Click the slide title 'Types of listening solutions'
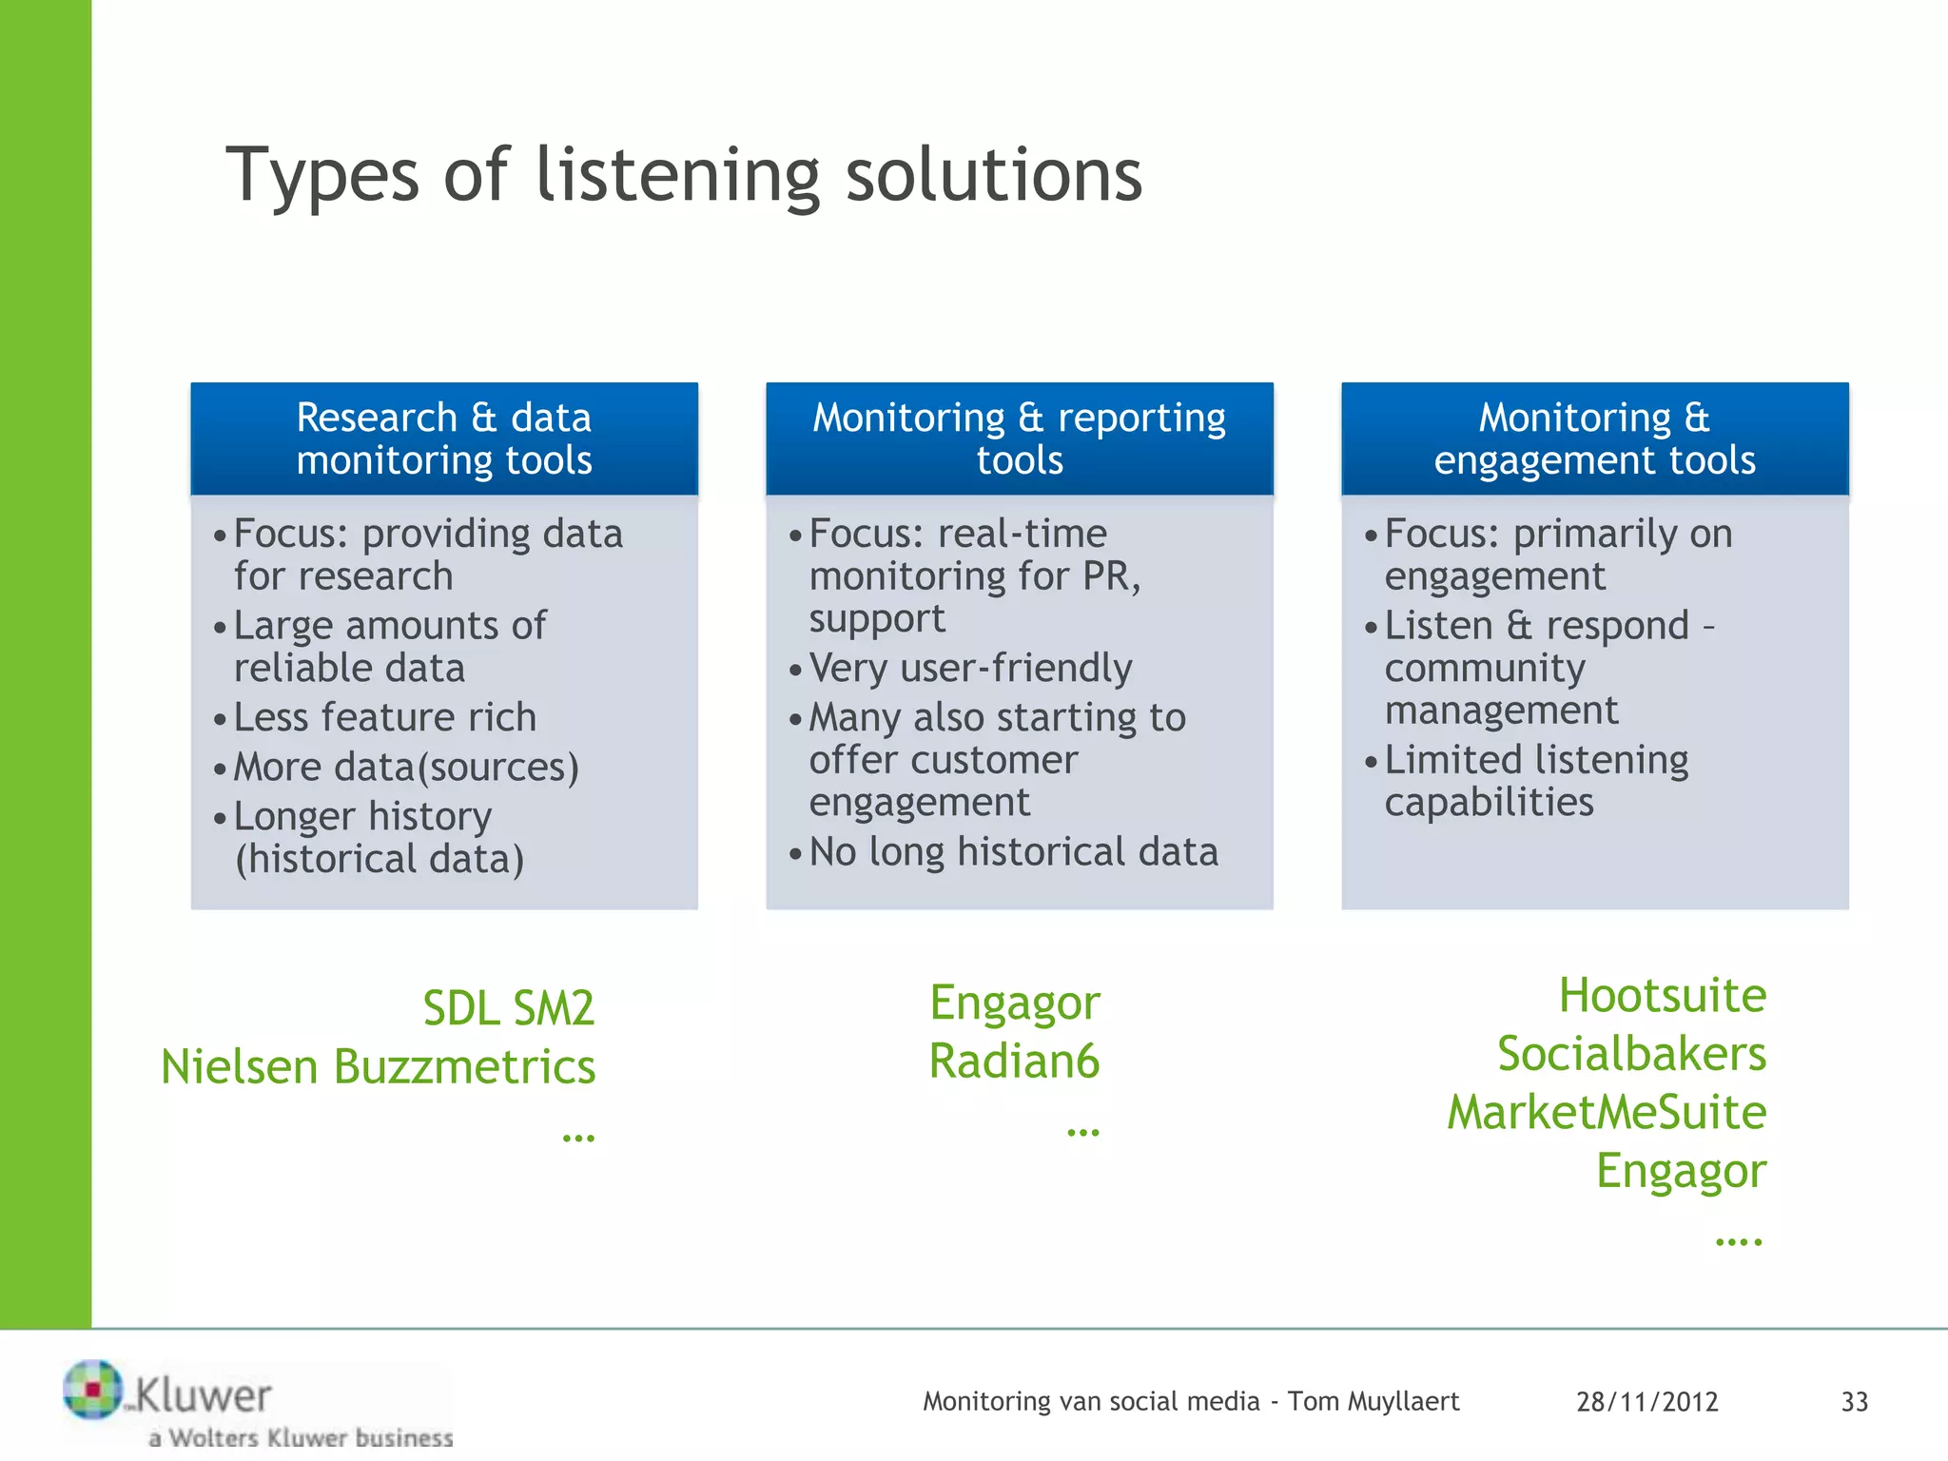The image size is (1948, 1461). click(683, 175)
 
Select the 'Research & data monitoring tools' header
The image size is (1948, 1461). click(444, 438)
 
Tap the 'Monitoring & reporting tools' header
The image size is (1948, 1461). click(1019, 438)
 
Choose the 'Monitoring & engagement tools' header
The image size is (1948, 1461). click(1594, 438)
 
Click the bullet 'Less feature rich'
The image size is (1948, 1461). click(384, 717)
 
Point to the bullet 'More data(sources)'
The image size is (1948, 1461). click(406, 767)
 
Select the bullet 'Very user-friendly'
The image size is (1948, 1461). click(970, 668)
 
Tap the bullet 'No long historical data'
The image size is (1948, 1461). click(1013, 851)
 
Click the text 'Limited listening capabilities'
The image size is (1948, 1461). click(1535, 781)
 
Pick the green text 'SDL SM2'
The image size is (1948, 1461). click(508, 1008)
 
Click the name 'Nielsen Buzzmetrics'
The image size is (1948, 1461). click(378, 1066)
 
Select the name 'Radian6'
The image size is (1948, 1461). click(1014, 1061)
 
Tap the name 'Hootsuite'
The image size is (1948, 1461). click(1662, 996)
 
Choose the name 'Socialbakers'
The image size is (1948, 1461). click(1631, 1054)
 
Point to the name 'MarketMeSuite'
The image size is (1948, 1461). click(1607, 1112)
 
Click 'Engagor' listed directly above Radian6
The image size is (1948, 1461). click(1014, 1003)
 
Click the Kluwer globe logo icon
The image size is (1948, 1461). click(92, 1389)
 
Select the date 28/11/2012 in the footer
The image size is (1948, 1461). click(1646, 1402)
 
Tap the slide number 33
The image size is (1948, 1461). click(1854, 1402)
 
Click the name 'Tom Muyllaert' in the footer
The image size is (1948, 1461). click(1373, 1401)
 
